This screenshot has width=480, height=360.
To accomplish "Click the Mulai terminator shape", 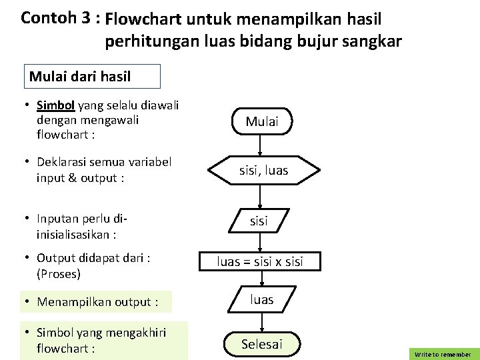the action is click(x=261, y=121).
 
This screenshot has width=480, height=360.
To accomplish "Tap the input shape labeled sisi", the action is click(x=259, y=221).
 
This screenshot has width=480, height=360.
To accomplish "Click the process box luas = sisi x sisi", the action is click(x=260, y=261).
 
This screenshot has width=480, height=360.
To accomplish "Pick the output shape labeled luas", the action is click(x=261, y=300).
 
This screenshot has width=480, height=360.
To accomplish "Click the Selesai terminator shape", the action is click(x=261, y=344).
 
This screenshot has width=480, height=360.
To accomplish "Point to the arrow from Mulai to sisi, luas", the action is click(x=261, y=145).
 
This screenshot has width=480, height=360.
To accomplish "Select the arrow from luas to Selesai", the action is click(x=261, y=323).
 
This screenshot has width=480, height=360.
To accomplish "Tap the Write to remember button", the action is click(x=443, y=354).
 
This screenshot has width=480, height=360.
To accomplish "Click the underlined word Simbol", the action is click(x=57, y=105).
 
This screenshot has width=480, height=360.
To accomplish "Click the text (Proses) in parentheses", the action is click(x=59, y=273).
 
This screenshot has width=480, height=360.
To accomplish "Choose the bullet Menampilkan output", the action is click(x=97, y=302).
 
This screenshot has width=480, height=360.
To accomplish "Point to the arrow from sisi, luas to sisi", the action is click(x=261, y=195).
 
